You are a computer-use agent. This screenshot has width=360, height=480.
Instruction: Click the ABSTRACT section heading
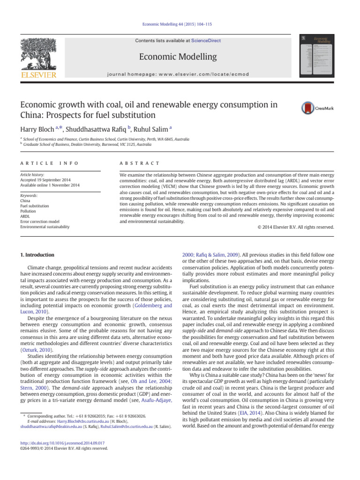[x=141, y=163]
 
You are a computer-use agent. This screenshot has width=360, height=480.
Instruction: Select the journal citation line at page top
[x=180, y=24]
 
